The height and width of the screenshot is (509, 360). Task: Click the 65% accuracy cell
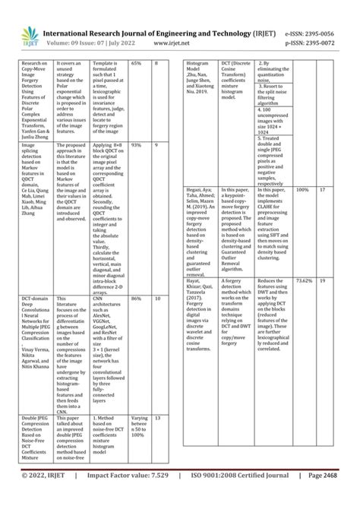tap(137, 64)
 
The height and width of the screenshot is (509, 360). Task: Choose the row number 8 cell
tap(157, 64)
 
